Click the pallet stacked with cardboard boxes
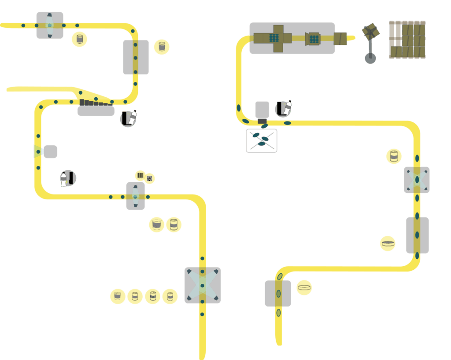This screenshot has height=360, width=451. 407,40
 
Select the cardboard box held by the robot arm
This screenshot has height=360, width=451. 371,31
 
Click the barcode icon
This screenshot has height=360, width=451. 140,176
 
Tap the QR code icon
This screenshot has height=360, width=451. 150,178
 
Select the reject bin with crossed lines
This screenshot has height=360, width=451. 262,141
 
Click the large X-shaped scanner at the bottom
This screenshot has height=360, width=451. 203,285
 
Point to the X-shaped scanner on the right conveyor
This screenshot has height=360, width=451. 417,180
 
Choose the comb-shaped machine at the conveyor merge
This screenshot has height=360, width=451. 96,108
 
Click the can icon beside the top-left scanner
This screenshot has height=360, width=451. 80,39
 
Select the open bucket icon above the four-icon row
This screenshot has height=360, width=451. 156,224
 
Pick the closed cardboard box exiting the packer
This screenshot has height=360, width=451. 340,39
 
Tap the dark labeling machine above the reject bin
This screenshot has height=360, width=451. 262,111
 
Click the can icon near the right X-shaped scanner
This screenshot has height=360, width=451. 394,156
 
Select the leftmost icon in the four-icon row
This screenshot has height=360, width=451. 118,296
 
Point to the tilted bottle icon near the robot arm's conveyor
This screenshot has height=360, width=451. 284,109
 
